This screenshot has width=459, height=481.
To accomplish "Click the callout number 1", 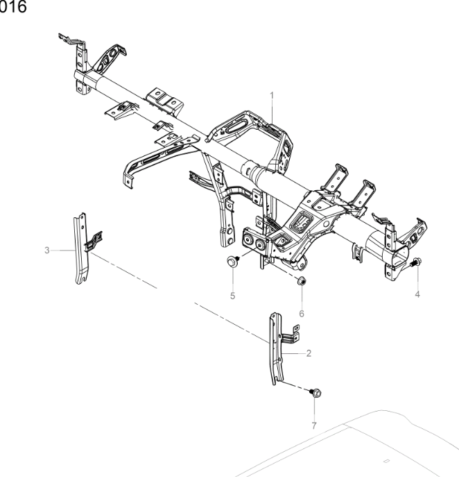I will [272, 94].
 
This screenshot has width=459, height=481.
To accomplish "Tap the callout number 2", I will [308, 353].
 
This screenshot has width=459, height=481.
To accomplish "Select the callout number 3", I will [47, 249].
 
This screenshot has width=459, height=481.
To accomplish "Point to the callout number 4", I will [417, 294].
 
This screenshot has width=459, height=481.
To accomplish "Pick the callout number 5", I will [233, 296].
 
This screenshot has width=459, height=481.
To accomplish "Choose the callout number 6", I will [301, 313].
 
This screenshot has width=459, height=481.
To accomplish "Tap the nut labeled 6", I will [302, 282].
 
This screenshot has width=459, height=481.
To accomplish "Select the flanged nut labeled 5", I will [232, 262].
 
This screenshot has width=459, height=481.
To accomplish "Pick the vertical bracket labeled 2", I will [277, 347].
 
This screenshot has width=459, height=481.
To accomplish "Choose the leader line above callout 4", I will [417, 278].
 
